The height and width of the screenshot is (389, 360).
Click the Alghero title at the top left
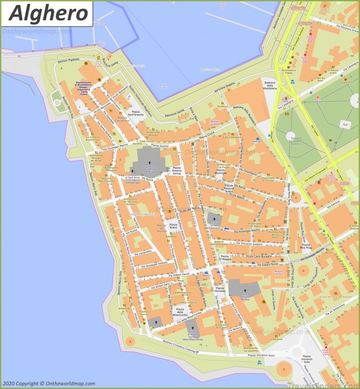49,13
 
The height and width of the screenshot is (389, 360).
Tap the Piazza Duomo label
160,145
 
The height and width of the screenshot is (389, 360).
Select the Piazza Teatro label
173,226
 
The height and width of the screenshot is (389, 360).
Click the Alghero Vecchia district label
143,215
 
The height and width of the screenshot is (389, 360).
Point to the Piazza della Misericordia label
180,311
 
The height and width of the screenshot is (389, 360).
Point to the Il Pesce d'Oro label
333,71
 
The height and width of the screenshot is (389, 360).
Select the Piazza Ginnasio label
220,290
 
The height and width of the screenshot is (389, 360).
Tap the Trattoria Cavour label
145,313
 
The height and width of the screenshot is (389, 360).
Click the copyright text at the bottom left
49,384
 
